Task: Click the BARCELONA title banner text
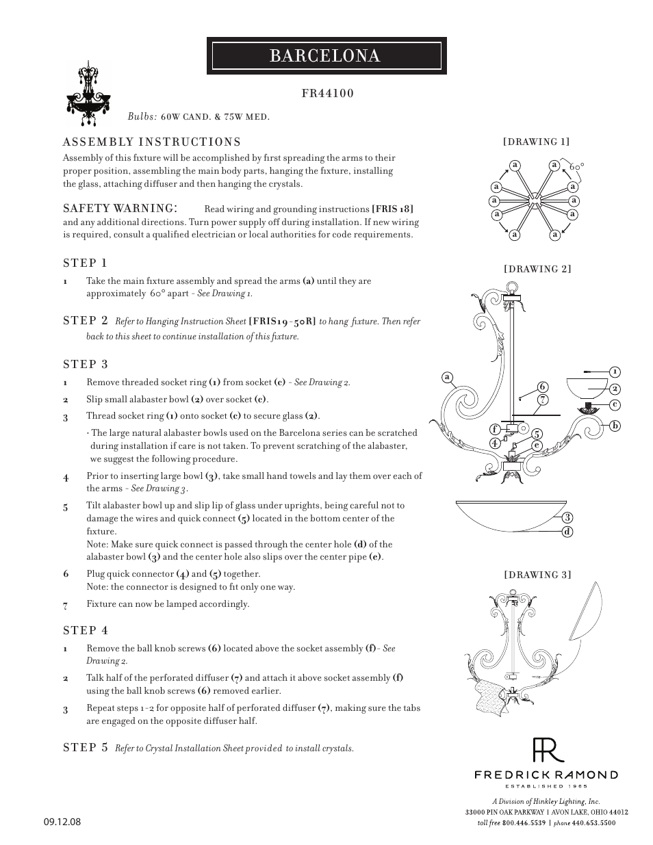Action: point(325,56)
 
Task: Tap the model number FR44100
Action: point(328,93)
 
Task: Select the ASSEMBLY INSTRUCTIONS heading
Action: point(151,142)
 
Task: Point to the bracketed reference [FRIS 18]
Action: point(392,209)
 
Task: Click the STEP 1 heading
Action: point(85,263)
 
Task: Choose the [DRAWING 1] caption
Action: point(536,142)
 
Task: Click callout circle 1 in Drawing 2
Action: point(615,372)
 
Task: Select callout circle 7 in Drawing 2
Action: point(542,400)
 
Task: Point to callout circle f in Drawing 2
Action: point(494,429)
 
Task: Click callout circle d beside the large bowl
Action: point(567,532)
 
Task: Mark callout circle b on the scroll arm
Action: point(615,426)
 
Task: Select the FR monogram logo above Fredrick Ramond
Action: point(548,750)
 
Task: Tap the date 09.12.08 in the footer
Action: point(62,822)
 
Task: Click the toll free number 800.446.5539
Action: point(526,823)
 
